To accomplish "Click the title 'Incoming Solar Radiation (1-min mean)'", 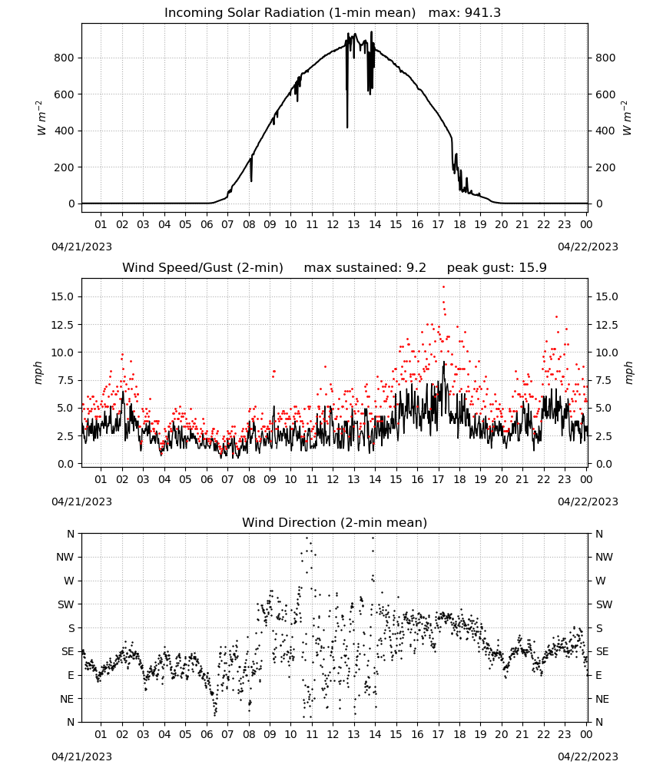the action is coord(290,13).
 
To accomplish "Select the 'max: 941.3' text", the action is coord(465,13).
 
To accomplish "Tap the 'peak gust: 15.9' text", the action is coord(497,268).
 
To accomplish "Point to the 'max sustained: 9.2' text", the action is coord(365,268).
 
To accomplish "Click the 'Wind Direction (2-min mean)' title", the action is coord(335,522).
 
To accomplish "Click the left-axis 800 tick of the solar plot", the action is coord(65,58).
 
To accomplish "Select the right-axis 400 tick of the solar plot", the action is coord(605,131).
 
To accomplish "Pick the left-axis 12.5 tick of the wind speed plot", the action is coord(62,325).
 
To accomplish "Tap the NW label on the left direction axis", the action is coord(65,557).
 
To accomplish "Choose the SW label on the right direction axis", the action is coord(604,604).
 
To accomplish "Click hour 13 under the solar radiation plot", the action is coord(353,224).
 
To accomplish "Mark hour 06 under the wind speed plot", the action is coord(207,479).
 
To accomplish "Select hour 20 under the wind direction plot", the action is coord(501,734).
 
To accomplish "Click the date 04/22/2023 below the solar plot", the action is coord(588,247).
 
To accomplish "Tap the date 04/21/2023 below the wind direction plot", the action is coord(81,756).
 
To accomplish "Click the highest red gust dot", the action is coord(444,287).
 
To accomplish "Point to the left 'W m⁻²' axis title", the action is coord(41,118).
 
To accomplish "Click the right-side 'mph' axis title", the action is coord(628,372).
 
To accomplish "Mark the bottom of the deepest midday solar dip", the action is coord(347,127).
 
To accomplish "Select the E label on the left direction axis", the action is coord(71,675).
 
